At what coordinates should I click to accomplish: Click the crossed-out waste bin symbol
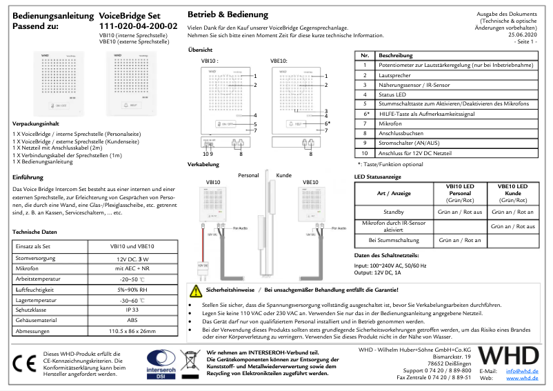(189, 363)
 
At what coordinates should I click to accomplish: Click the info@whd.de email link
(522, 371)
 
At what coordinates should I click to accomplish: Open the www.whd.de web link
(522, 378)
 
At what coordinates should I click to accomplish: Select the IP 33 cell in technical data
(132, 310)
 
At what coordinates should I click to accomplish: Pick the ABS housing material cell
(132, 321)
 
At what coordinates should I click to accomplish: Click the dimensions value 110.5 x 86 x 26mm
(132, 332)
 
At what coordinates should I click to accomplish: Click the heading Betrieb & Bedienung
(228, 14)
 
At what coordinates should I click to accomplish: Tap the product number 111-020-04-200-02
(138, 26)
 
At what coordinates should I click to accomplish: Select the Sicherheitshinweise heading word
(230, 291)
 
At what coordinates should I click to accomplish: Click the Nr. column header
(365, 54)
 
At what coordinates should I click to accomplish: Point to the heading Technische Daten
(39, 232)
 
